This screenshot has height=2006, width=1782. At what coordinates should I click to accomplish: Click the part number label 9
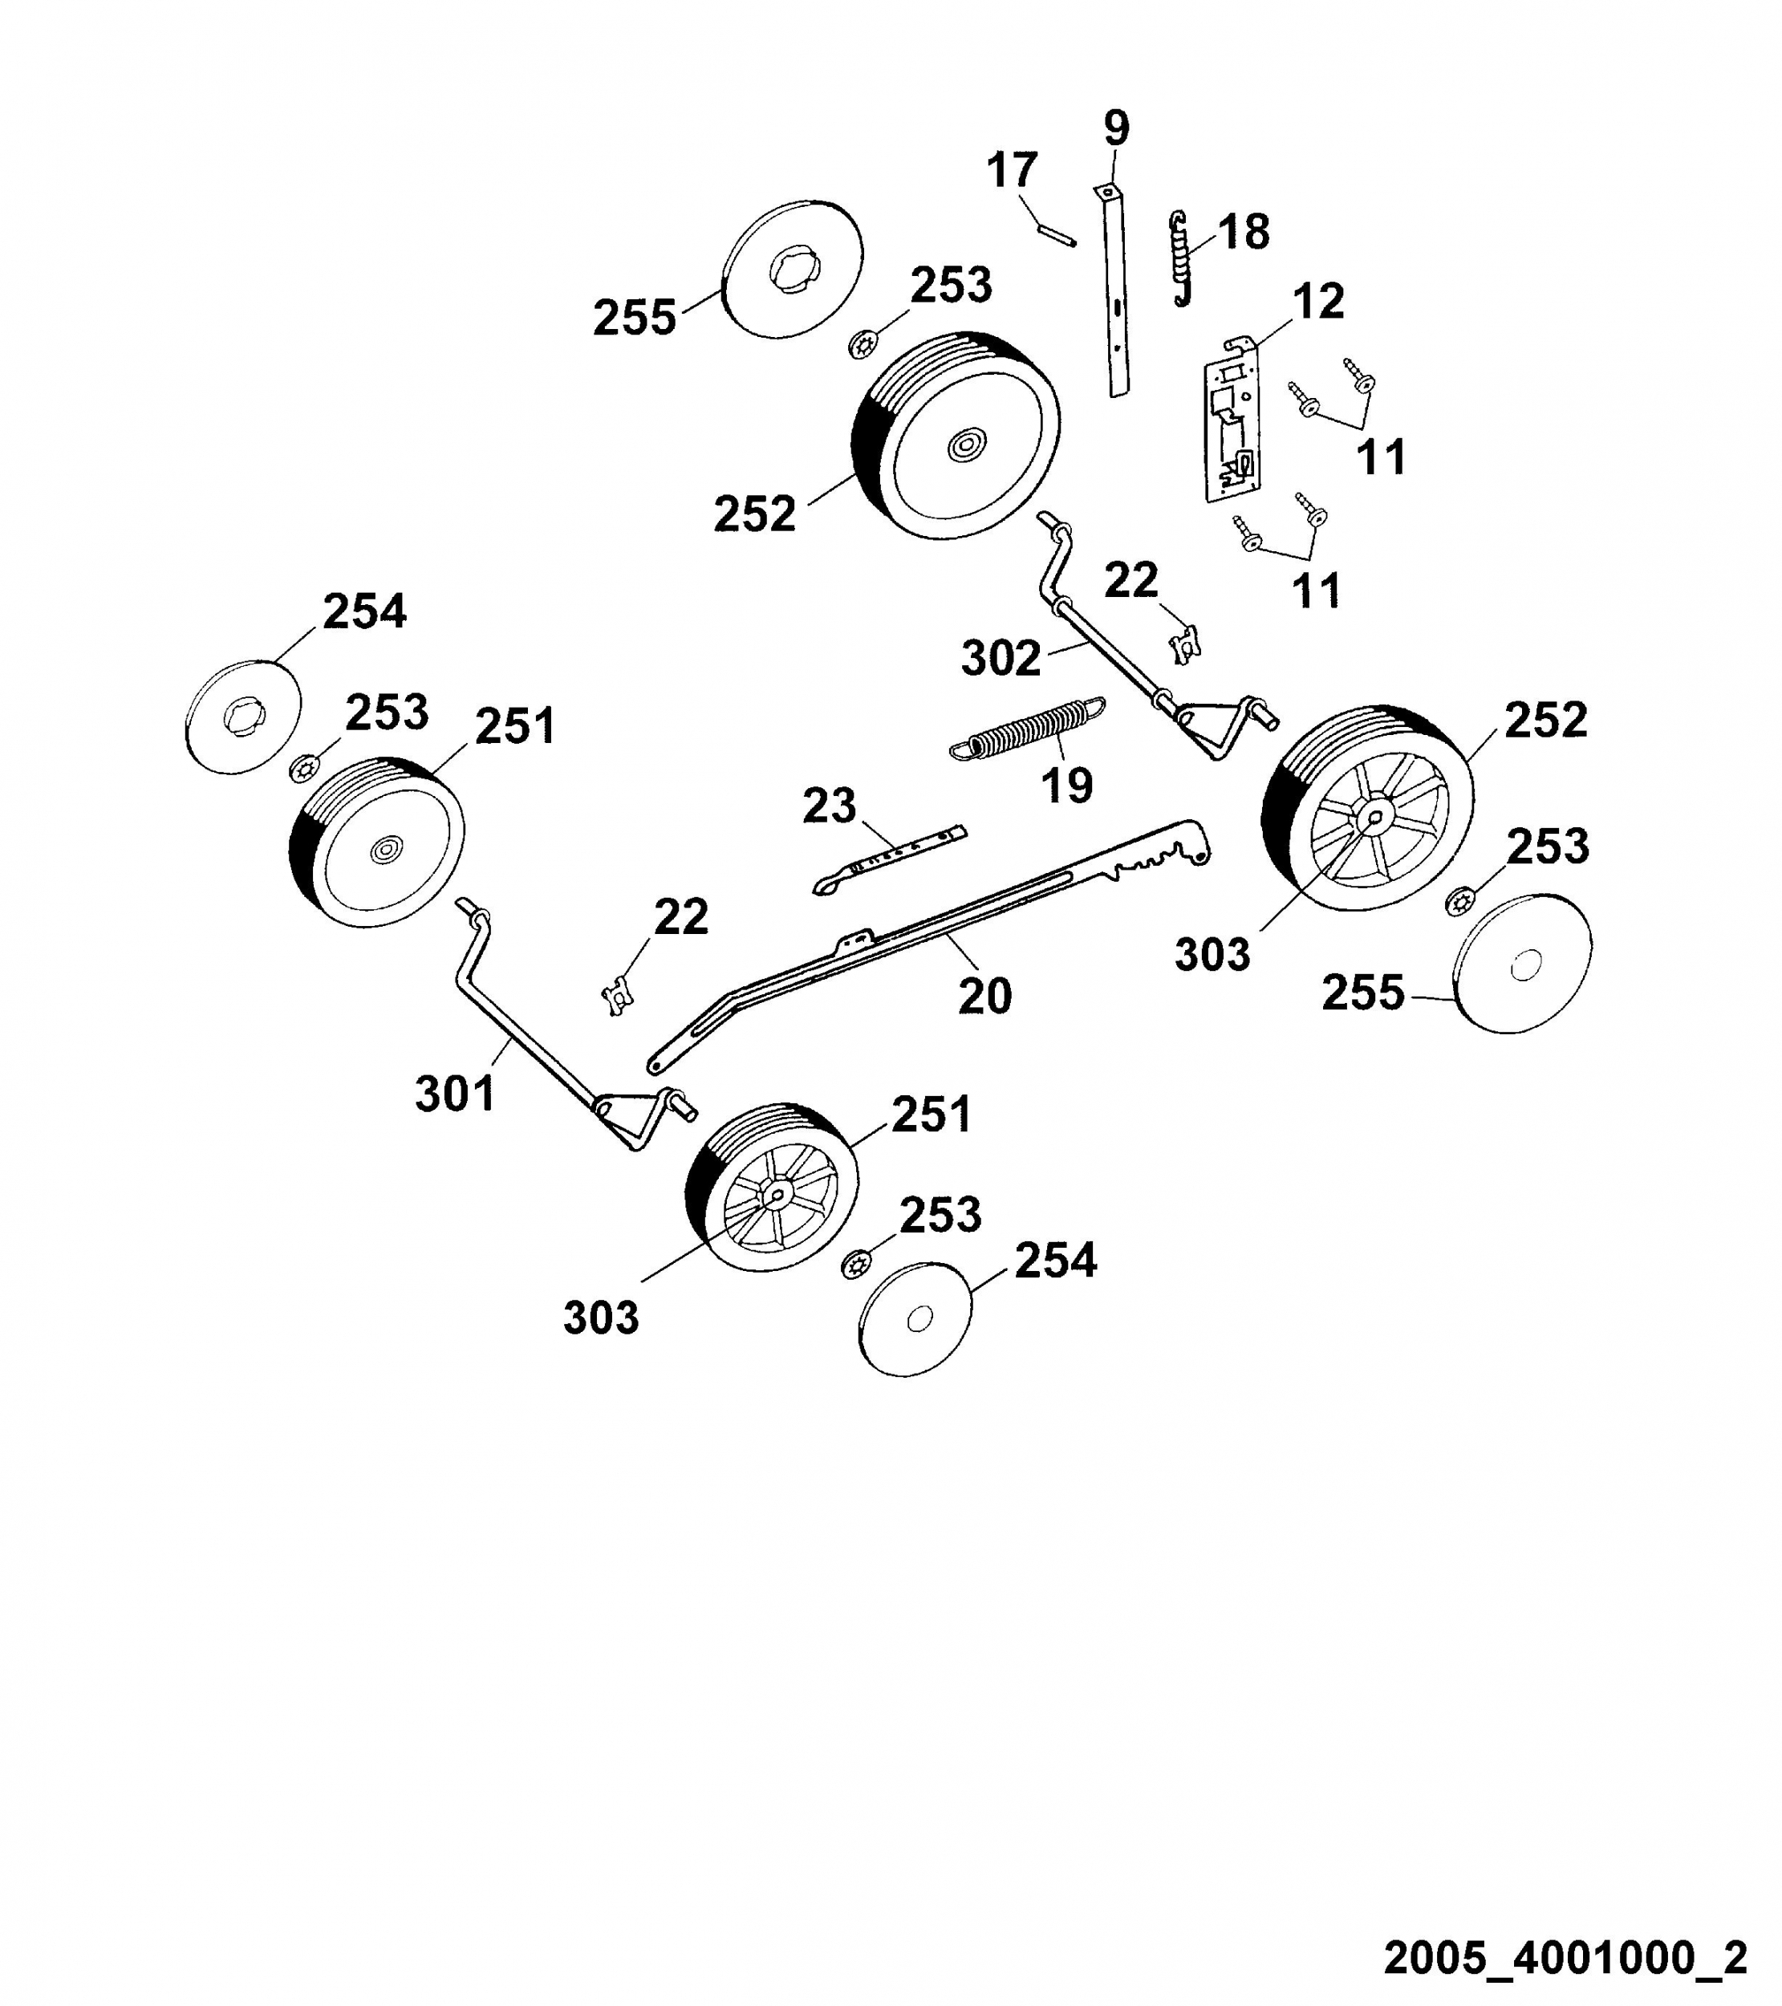1117,128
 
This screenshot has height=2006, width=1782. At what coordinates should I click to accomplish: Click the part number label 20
984,996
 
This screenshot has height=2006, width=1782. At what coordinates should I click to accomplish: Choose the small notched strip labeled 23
889,859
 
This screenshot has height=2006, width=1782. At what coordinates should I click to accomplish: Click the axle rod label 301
455,1092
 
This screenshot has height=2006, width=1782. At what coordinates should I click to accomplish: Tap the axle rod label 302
1001,657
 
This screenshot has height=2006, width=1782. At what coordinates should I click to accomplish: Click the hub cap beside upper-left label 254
242,717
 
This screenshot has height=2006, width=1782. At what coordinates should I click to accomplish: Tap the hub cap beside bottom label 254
915,1318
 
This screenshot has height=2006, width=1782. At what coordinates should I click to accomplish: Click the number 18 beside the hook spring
1244,232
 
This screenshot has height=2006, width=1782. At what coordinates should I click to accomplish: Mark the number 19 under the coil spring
1066,785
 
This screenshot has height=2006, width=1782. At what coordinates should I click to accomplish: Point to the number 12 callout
1318,301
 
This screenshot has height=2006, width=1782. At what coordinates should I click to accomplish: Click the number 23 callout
829,806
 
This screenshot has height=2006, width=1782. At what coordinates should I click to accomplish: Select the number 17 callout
1012,170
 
